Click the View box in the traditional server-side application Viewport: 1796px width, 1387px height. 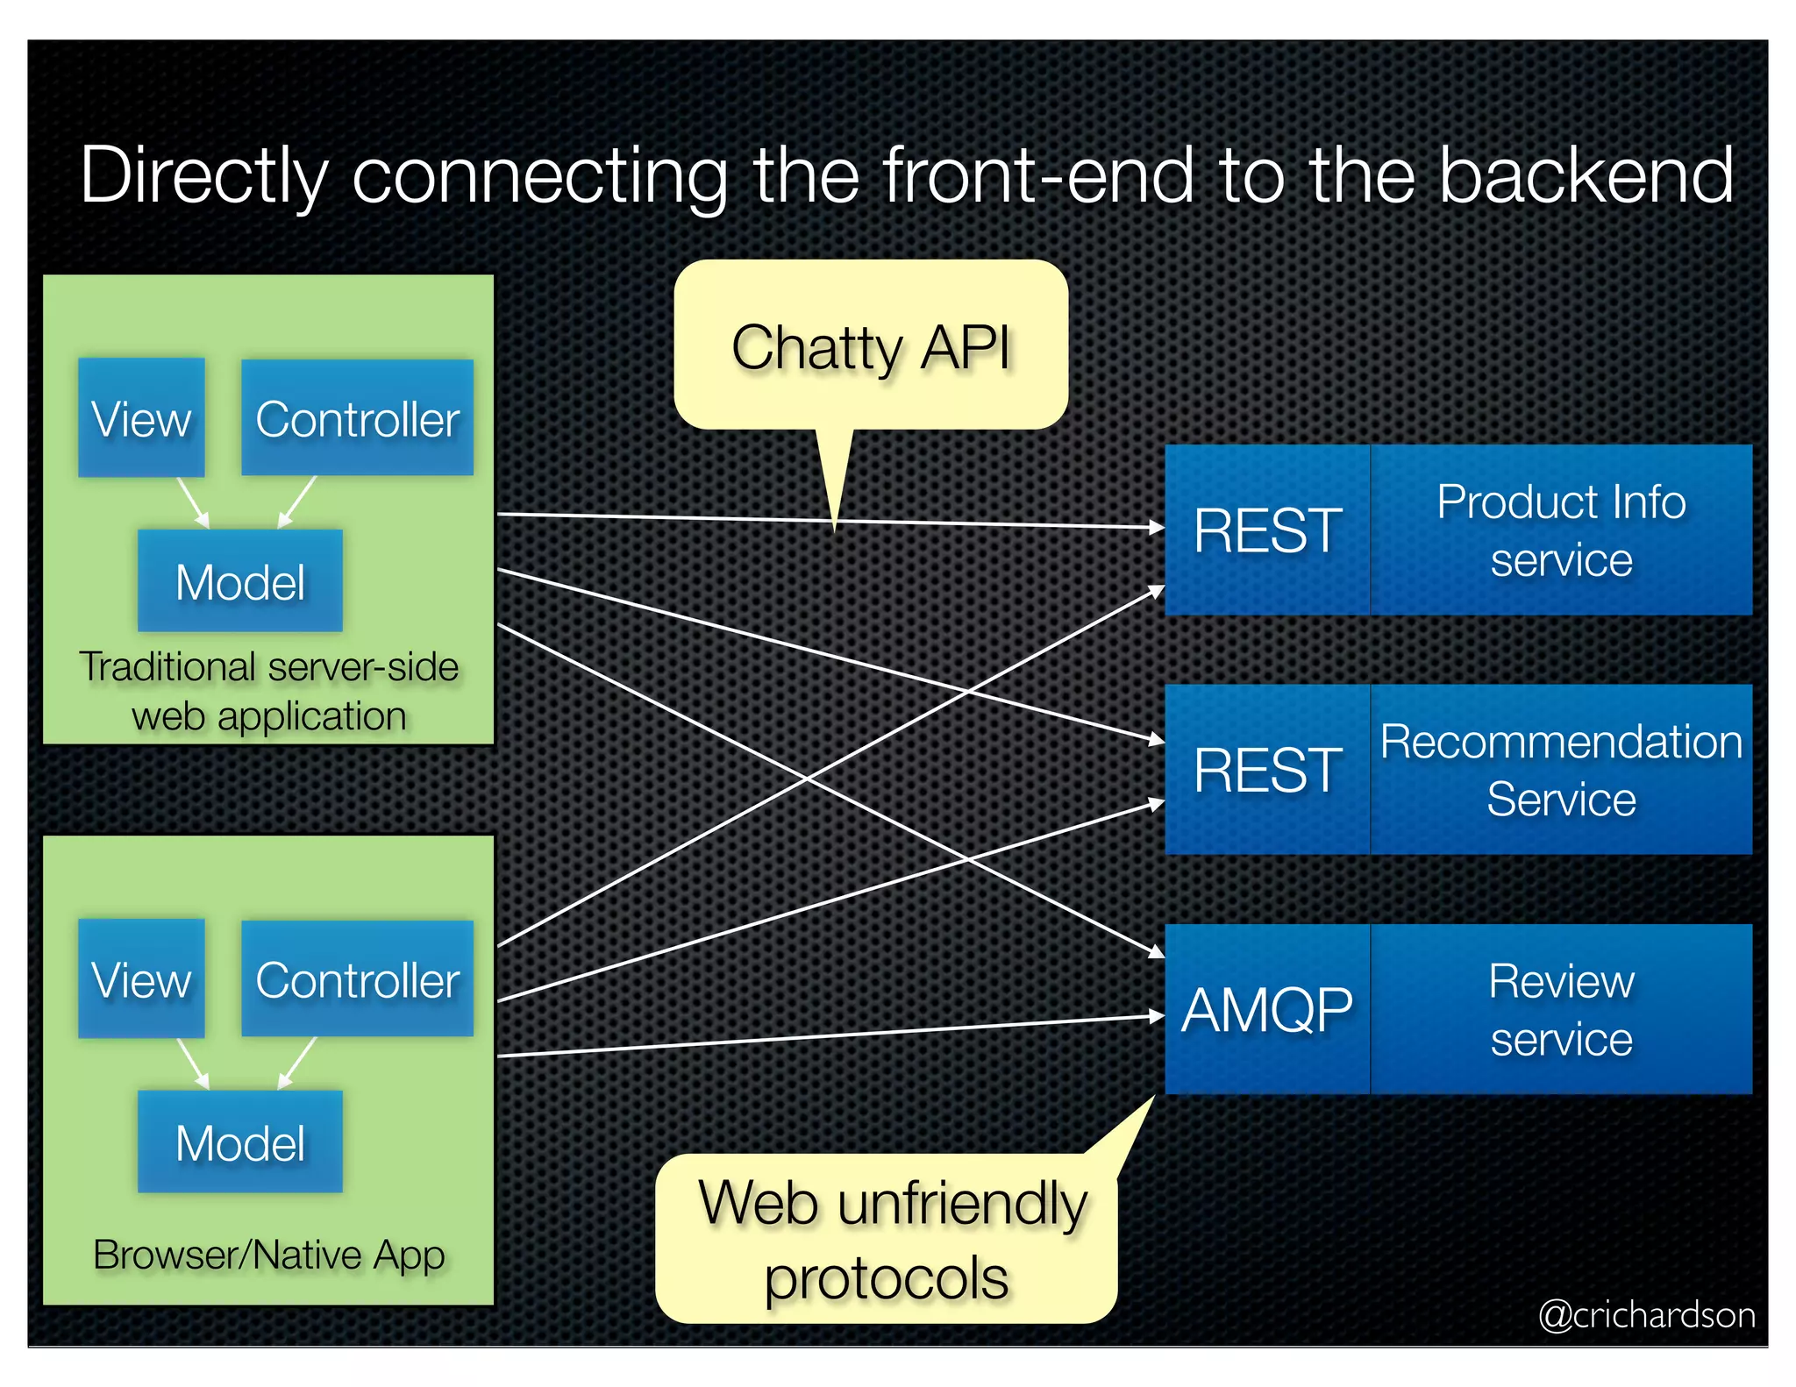141,417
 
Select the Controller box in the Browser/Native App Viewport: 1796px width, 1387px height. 357,978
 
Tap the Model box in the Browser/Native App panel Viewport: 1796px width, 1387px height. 239,1142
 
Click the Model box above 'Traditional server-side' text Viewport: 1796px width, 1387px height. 239,580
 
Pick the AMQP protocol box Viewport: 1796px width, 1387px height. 1266,1009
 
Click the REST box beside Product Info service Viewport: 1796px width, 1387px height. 1266,530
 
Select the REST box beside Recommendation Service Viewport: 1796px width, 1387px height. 1266,770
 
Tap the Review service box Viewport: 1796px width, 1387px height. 1561,1009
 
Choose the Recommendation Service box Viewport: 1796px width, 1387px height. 1561,770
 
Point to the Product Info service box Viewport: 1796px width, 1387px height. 1561,530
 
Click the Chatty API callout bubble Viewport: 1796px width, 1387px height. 871,346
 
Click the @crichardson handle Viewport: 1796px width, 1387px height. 1646,1314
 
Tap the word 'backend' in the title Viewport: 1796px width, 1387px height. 1586,175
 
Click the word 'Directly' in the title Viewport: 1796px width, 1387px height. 203,175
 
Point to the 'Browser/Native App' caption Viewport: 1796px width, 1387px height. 268,1254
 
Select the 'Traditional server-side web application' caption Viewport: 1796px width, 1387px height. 268,691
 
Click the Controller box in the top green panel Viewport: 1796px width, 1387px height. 357,417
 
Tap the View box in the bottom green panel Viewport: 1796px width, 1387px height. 141,978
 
